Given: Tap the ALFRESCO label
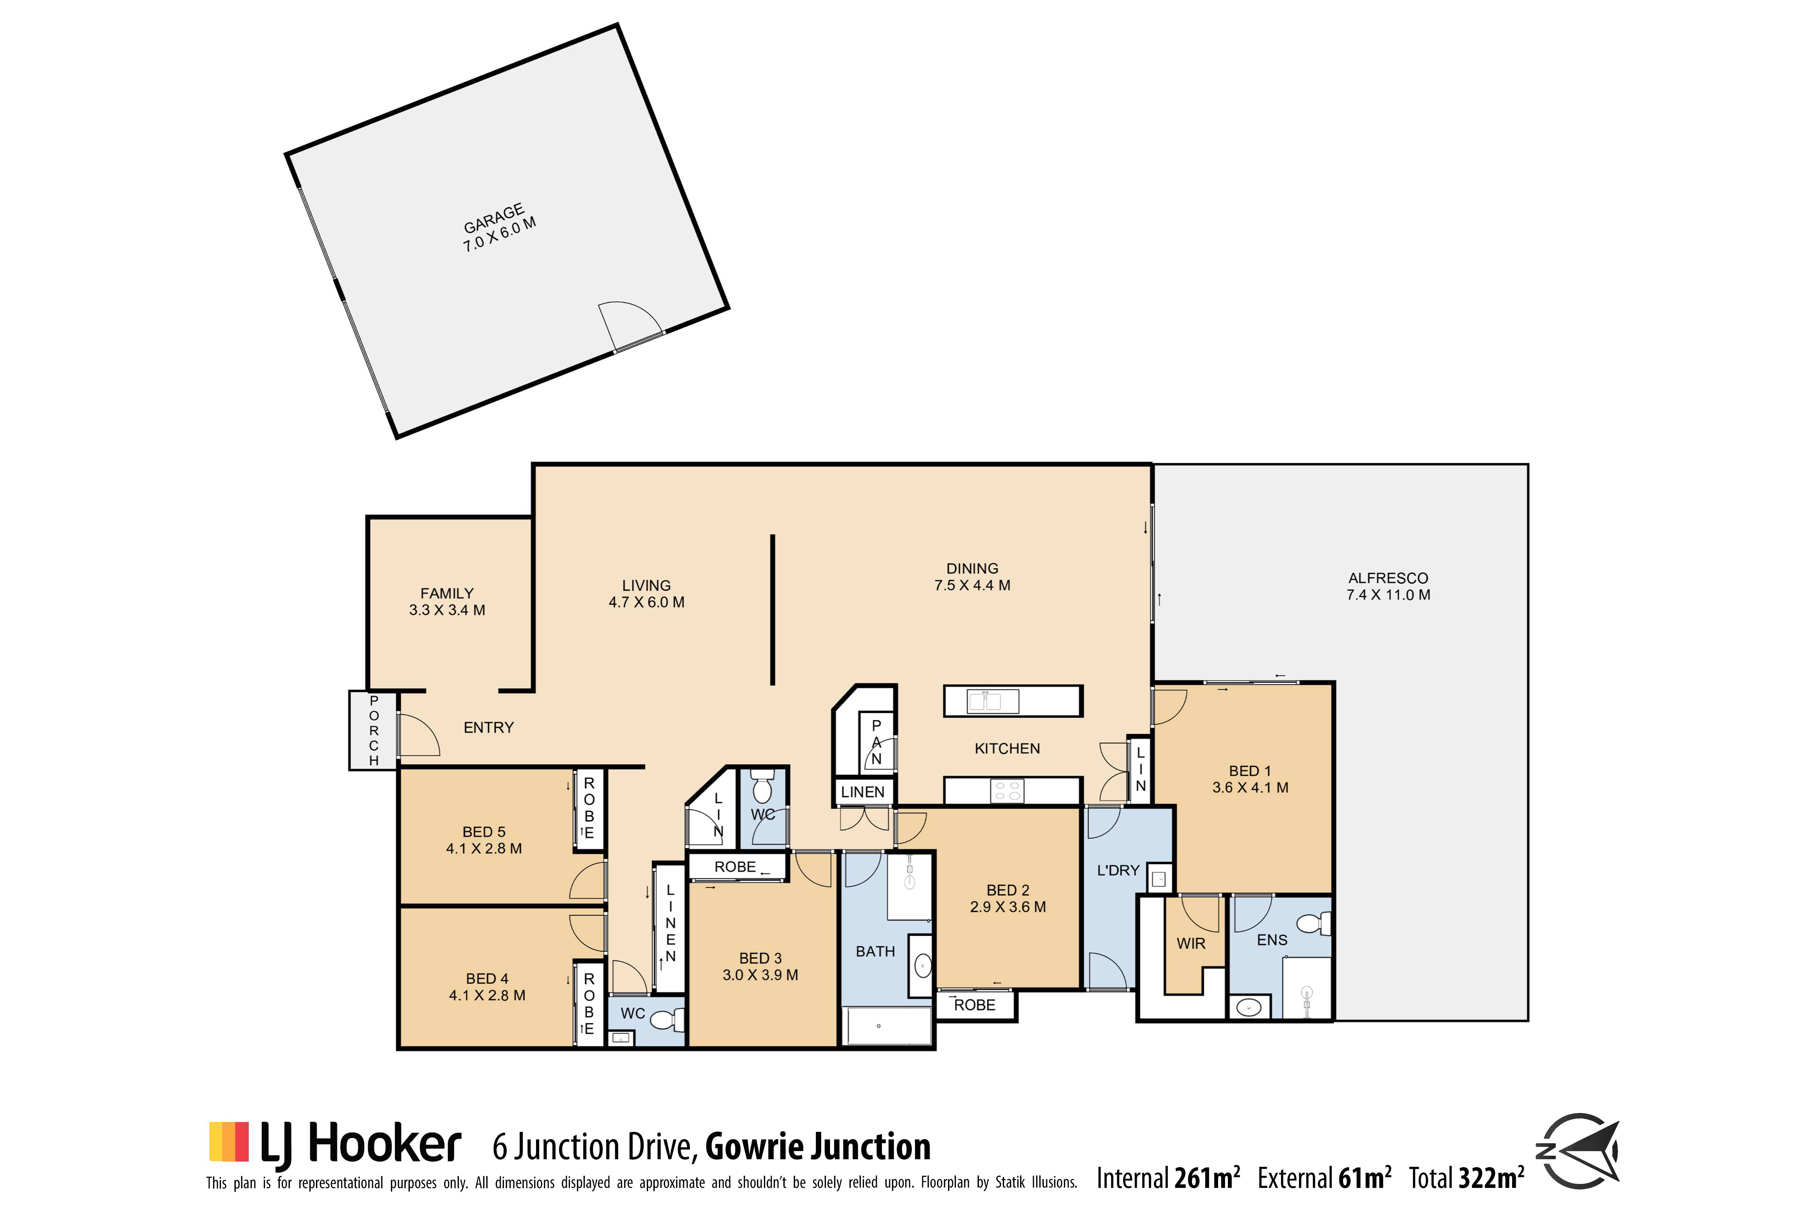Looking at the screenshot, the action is point(1388,578).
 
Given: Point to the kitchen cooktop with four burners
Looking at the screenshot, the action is point(1007,791).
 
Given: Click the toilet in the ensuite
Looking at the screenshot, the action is point(1313,923).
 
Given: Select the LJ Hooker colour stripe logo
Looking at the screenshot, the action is point(229,1142).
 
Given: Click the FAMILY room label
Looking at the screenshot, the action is point(447,594).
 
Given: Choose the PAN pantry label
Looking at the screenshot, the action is point(876,742).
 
